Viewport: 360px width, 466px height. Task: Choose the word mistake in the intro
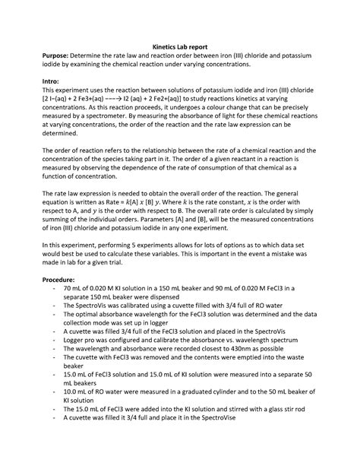(x=295, y=257)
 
